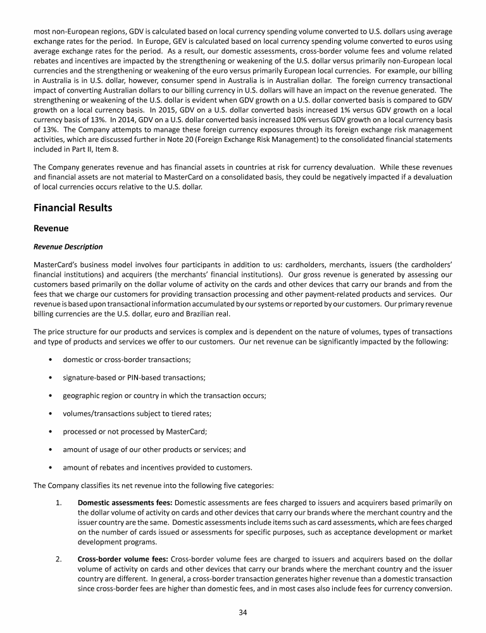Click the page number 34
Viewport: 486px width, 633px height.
click(242, 612)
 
